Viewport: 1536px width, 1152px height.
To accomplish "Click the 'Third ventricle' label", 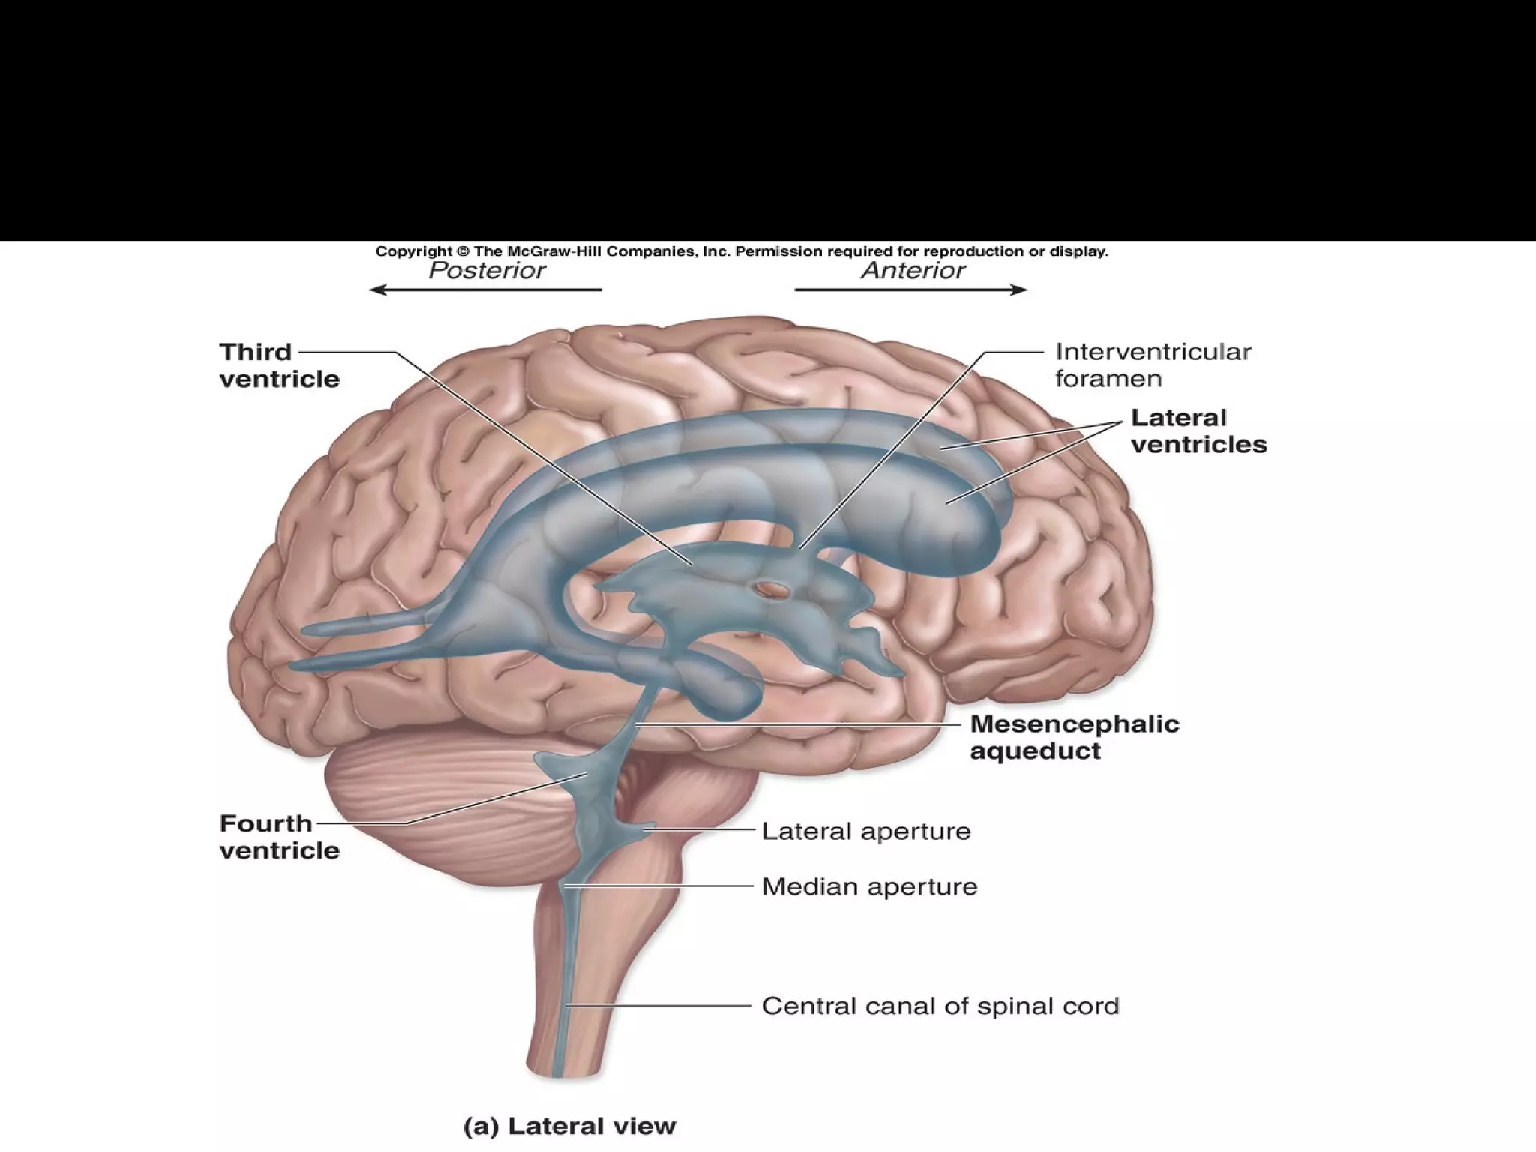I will [279, 365].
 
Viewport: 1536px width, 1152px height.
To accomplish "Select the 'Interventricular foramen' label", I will [1153, 364].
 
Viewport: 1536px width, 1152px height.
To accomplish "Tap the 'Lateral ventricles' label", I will [1198, 430].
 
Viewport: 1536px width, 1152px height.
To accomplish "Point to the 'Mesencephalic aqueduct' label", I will [1074, 737].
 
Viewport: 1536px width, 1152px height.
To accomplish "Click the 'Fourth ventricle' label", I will [279, 837].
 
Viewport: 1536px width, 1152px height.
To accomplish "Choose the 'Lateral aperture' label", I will [866, 831].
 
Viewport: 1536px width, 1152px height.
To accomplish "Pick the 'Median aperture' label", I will [869, 886].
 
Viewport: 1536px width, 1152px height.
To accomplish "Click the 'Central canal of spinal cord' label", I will [940, 1006].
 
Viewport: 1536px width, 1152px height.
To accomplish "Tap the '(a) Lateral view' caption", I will [569, 1125].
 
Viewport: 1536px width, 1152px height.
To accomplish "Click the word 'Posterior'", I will [487, 270].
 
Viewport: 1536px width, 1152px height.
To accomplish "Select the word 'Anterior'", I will [913, 270].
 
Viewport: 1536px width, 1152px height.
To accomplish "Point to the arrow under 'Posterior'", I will [486, 289].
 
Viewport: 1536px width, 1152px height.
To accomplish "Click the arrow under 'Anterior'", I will [910, 289].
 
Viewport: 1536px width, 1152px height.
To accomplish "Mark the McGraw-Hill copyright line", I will [741, 251].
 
